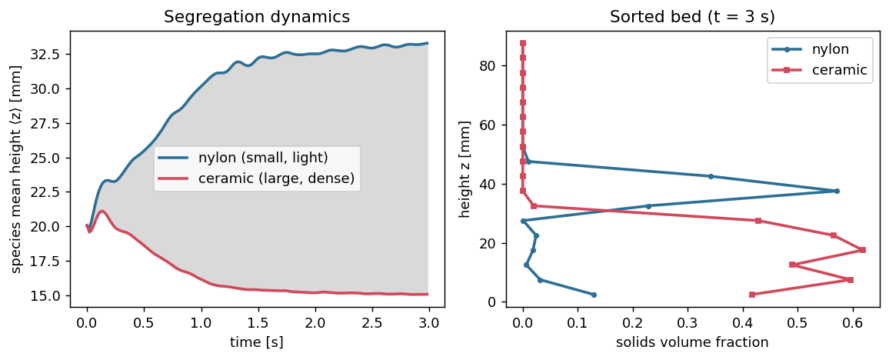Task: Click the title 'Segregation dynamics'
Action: pyautogui.click(x=257, y=16)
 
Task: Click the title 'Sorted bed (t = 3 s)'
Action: pyautogui.click(x=692, y=16)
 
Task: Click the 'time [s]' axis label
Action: pyautogui.click(x=258, y=342)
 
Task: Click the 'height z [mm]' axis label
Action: pyautogui.click(x=465, y=168)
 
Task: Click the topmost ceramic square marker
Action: pyautogui.click(x=523, y=43)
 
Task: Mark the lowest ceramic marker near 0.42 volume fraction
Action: pyautogui.click(x=752, y=295)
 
